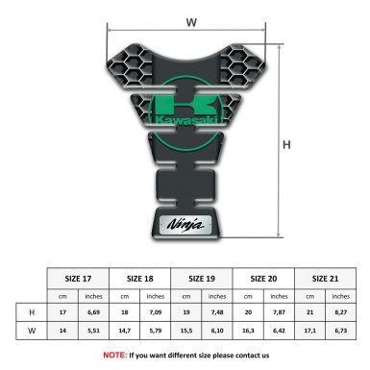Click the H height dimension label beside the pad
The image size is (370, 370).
286,145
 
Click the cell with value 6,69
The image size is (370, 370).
94,312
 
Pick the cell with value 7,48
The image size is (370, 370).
218,312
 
